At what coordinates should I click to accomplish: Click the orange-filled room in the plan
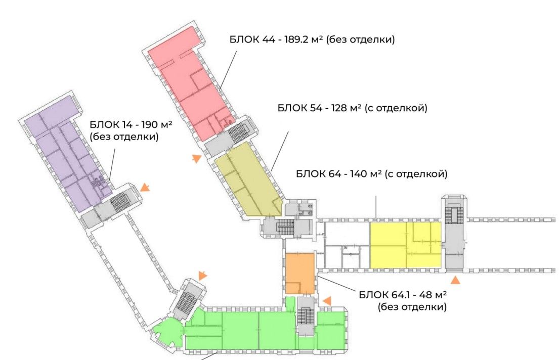299,273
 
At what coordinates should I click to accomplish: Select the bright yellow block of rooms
405,245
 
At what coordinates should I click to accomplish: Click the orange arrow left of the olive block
196,159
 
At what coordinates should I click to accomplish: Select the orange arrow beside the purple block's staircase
145,188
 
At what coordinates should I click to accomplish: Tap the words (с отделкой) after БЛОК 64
416,174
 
